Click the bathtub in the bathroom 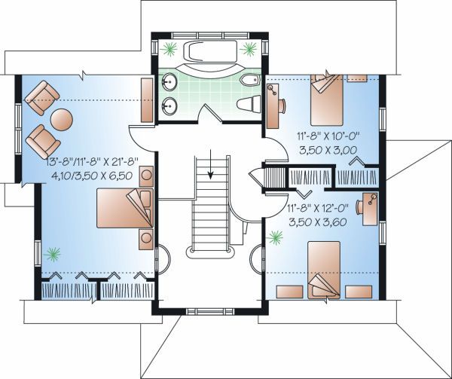tap(210, 51)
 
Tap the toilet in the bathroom tap(249, 104)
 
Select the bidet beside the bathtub tap(249, 81)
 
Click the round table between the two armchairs tap(62, 120)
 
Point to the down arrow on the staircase tap(211, 164)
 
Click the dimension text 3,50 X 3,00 tap(328, 150)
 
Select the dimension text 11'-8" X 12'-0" tap(318, 208)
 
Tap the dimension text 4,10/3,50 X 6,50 tap(92, 176)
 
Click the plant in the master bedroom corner tap(52, 254)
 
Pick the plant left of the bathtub tap(168, 49)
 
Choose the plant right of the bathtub tap(248, 49)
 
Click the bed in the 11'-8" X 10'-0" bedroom tap(327, 99)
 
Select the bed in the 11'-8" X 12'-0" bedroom tap(324, 270)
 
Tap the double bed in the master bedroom tap(124, 208)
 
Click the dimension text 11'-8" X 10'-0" tap(328, 136)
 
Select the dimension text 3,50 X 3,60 tap(317, 222)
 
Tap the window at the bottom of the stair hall tap(210, 311)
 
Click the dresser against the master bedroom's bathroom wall tap(147, 100)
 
